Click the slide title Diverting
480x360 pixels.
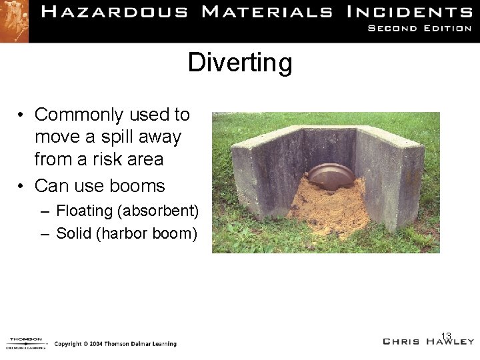pyautogui.click(x=240, y=63)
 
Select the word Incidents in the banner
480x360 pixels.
pyautogui.click(x=409, y=12)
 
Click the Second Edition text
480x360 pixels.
pyautogui.click(x=420, y=29)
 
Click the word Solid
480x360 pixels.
pyautogui.click(x=75, y=233)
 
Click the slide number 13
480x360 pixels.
pyautogui.click(x=446, y=335)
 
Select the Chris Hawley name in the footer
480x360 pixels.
pyautogui.click(x=429, y=341)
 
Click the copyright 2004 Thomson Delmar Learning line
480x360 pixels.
pyautogui.click(x=115, y=344)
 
